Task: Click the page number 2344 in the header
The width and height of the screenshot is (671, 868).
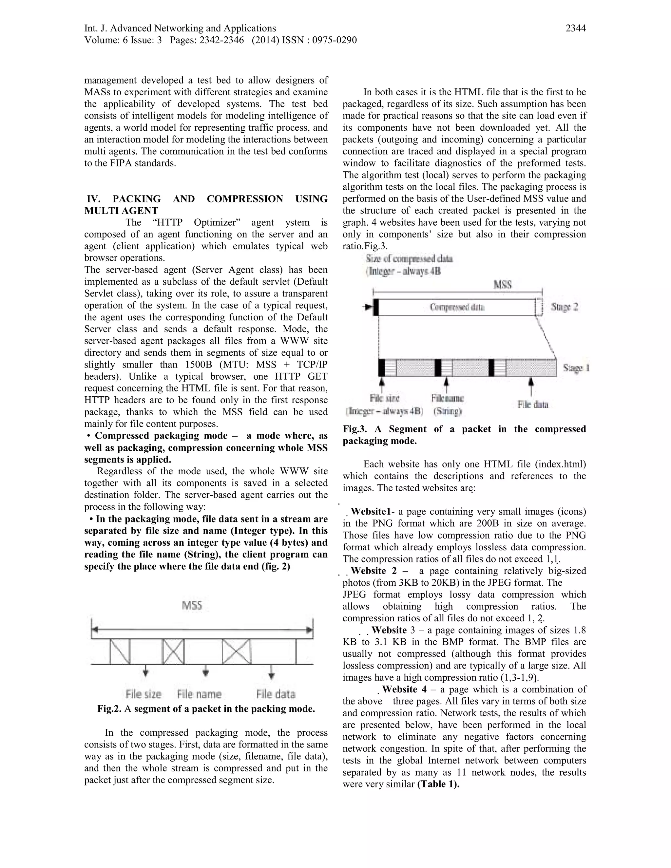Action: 575,28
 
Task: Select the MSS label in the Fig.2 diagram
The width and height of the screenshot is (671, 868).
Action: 192,606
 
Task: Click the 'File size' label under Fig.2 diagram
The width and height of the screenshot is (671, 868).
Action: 144,694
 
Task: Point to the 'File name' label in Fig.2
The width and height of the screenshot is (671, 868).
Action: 199,694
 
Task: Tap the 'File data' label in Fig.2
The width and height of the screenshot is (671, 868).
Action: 276,694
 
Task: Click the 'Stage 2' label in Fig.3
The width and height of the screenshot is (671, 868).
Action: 565,307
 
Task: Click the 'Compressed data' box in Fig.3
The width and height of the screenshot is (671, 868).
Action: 457,307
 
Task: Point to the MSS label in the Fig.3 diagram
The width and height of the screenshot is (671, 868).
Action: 503,285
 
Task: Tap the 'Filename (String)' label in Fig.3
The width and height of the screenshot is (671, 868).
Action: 447,404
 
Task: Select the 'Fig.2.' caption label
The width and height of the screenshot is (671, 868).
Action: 109,709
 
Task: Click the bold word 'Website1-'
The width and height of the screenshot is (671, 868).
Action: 373,512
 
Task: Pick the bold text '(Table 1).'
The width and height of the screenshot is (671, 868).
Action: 438,784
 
